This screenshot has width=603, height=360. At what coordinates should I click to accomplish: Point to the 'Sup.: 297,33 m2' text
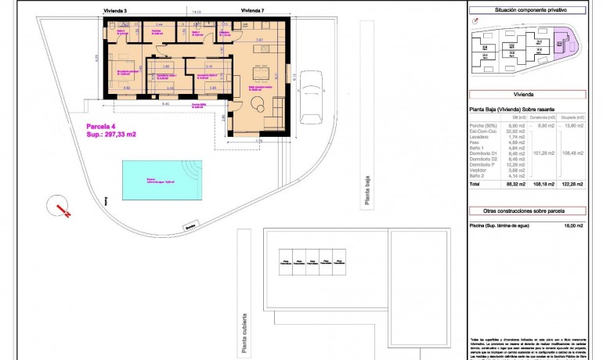111,135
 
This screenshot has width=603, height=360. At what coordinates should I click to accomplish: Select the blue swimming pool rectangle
161,180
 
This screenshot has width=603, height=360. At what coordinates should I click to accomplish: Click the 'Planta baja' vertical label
365,192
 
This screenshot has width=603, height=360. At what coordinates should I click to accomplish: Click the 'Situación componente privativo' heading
529,9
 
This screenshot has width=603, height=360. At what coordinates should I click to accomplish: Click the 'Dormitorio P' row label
482,164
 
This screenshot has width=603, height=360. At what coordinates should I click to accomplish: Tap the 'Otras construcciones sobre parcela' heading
529,211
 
